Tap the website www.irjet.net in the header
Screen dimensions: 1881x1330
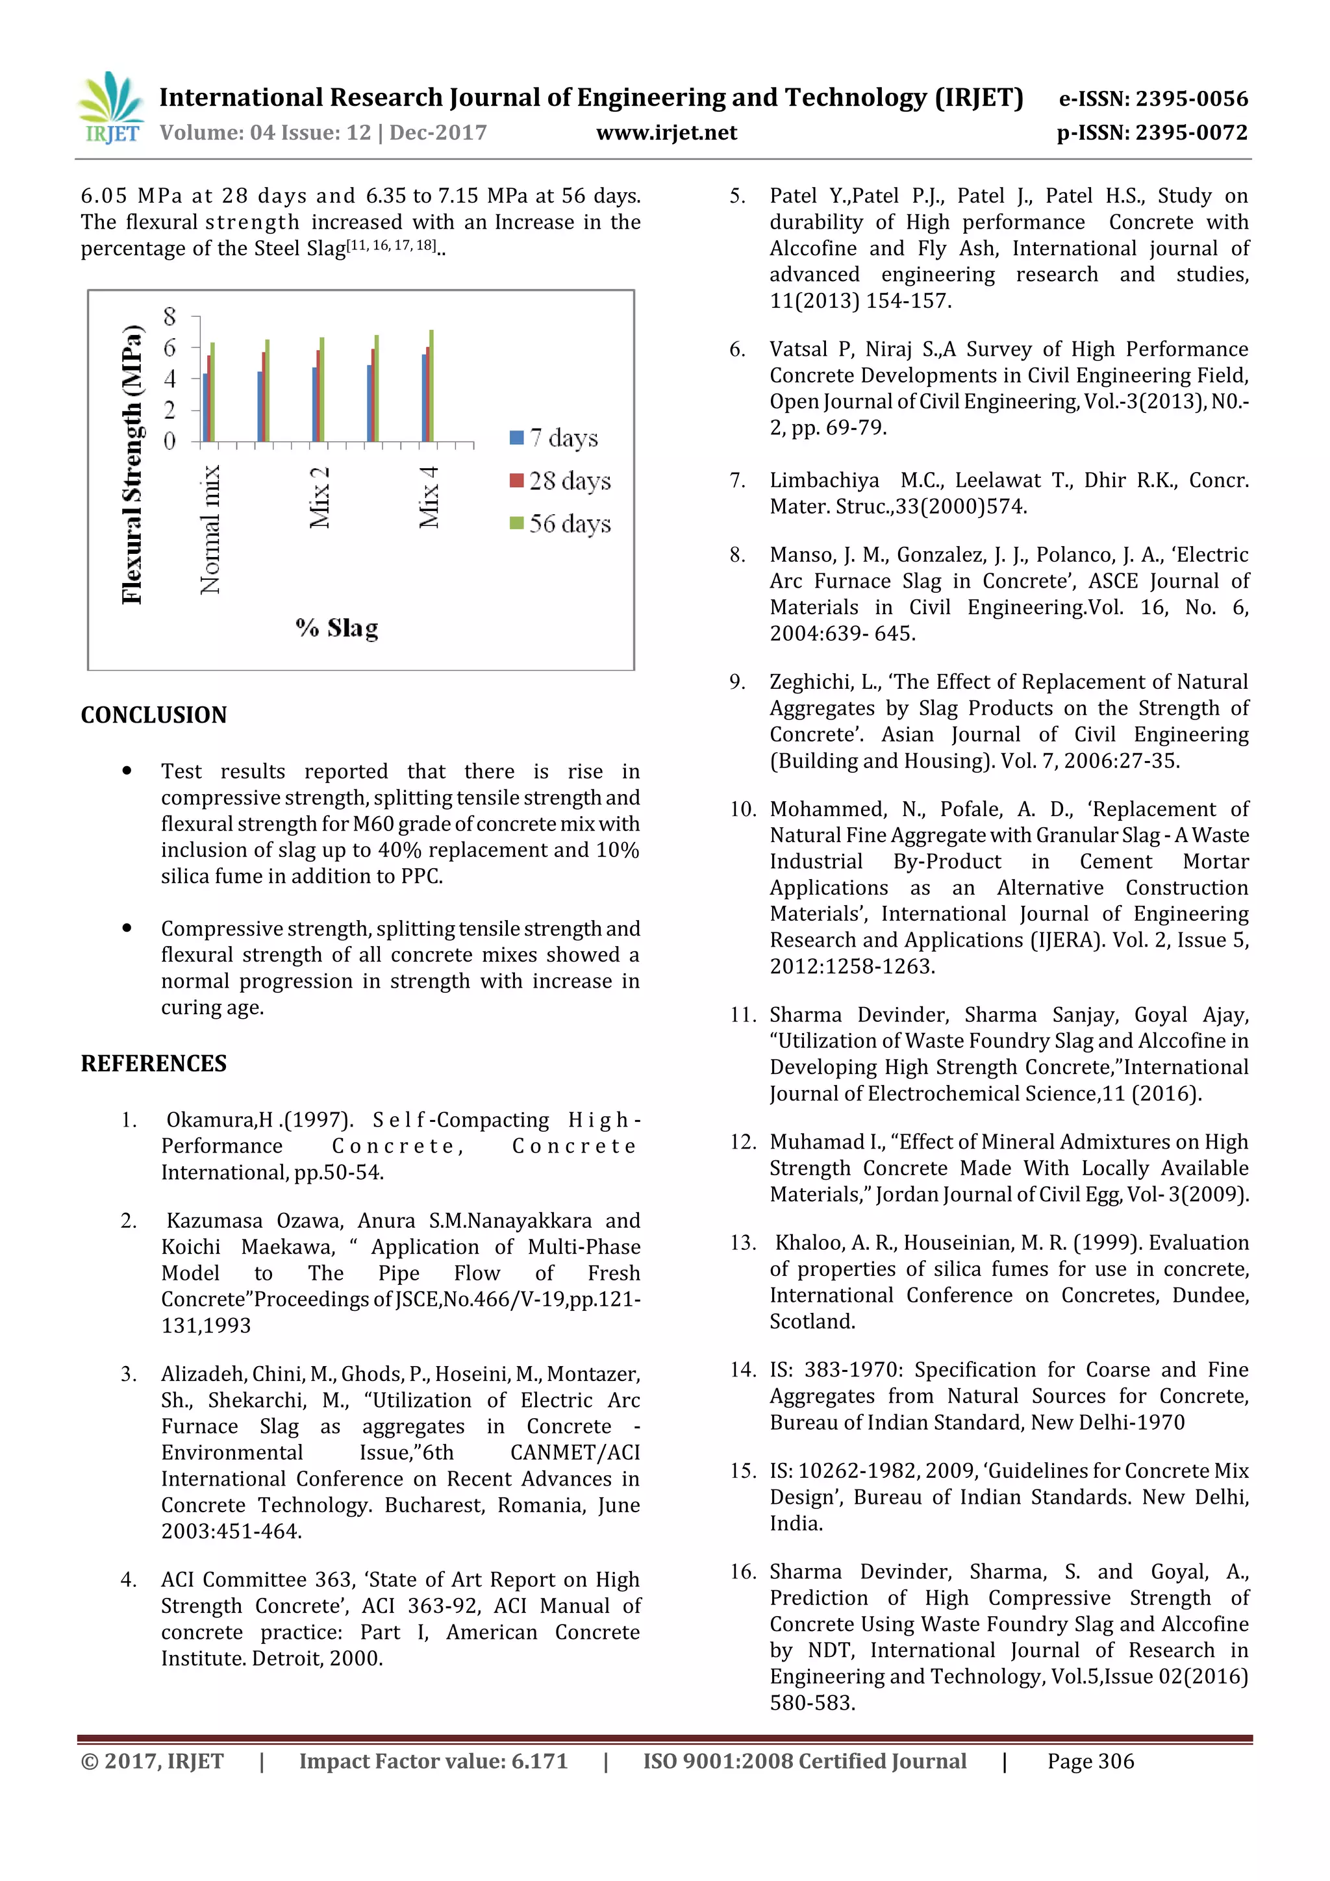click(x=666, y=132)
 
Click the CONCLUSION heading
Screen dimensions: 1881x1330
click(x=153, y=716)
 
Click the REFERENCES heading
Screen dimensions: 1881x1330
click(x=153, y=1064)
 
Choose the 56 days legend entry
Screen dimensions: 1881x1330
click(x=560, y=523)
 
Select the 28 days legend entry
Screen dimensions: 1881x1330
click(x=560, y=481)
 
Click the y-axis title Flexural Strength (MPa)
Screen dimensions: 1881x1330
click(x=132, y=464)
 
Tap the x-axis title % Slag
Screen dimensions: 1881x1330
click(x=337, y=629)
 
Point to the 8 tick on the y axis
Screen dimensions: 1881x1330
click(x=169, y=316)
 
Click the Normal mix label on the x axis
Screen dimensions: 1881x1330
click(x=210, y=529)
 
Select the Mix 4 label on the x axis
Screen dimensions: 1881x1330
click(x=429, y=497)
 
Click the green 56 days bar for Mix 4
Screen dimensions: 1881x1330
click(x=432, y=386)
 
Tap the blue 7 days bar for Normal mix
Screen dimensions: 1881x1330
click(x=205, y=407)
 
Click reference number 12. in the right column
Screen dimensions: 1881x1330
click(x=742, y=1142)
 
